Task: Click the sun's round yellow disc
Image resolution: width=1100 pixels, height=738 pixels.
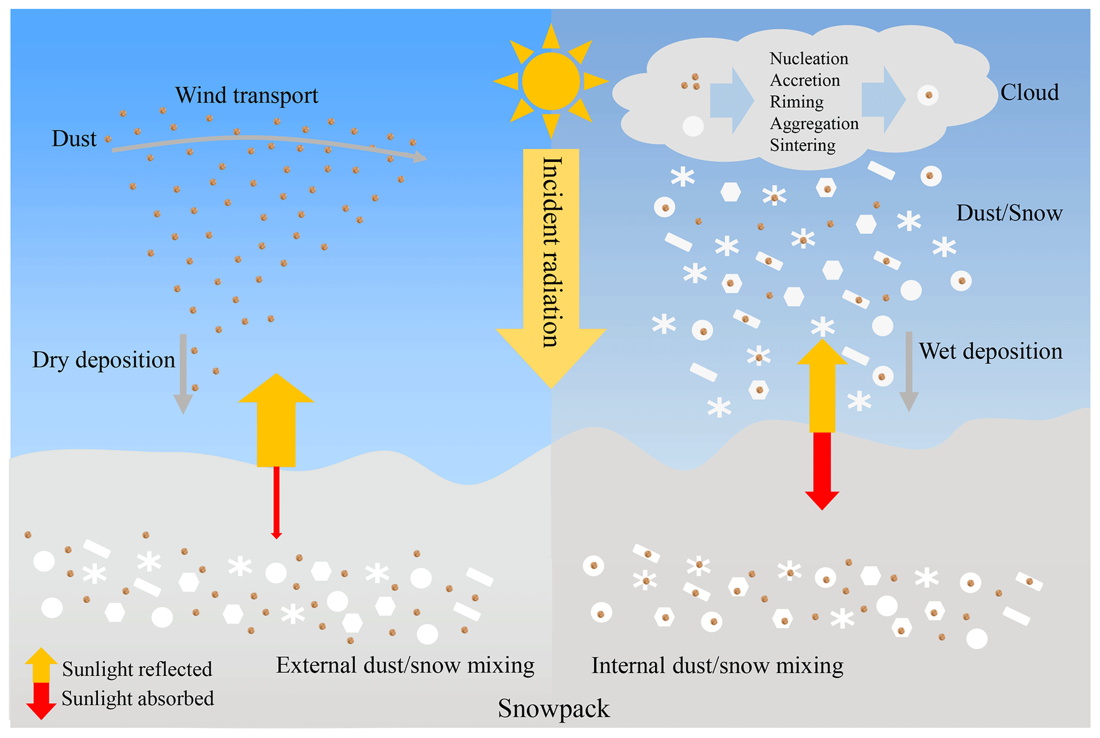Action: point(550,81)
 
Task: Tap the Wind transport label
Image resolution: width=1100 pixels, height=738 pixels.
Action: point(246,95)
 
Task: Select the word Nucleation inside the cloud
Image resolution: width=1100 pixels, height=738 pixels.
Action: point(808,59)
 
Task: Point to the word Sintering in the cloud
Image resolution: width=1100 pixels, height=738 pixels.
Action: point(802,145)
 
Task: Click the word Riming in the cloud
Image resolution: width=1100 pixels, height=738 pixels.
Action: point(796,102)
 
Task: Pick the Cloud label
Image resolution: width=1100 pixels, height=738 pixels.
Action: point(1029,93)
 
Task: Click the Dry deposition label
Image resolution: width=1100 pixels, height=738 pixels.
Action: point(103,360)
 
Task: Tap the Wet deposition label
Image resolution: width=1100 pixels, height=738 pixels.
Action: point(990,351)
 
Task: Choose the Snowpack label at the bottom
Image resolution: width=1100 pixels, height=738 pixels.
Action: point(553,709)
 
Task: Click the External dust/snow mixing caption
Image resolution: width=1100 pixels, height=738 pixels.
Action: point(405,666)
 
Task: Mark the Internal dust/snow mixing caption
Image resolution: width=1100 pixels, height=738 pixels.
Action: point(717,666)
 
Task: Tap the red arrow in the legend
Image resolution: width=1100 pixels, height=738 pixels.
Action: point(41,700)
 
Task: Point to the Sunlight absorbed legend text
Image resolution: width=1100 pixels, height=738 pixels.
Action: point(137,699)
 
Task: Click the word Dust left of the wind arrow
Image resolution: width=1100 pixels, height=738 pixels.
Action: point(74,139)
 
